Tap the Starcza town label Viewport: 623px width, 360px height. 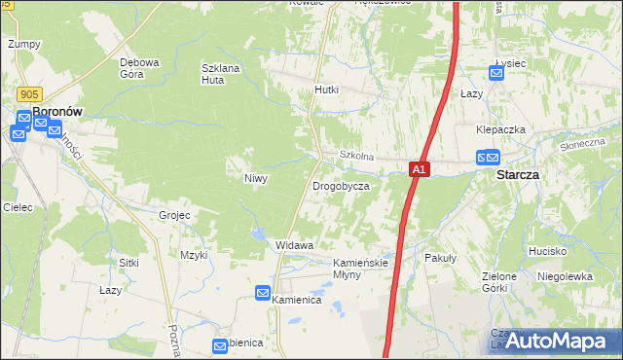click(x=518, y=175)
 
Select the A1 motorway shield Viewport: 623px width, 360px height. click(x=418, y=169)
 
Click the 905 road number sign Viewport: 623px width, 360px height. click(x=28, y=93)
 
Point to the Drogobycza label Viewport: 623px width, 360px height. click(x=340, y=185)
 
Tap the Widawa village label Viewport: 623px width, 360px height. click(x=294, y=245)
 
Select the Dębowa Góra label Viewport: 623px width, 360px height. click(x=139, y=68)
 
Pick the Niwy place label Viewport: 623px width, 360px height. click(x=255, y=178)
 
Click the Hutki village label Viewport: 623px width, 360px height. click(x=326, y=90)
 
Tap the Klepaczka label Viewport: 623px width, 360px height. click(x=501, y=129)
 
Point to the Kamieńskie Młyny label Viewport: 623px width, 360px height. click(x=361, y=269)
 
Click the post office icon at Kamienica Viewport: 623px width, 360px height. click(x=263, y=292)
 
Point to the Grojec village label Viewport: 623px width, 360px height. click(x=173, y=214)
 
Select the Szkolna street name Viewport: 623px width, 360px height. click(x=356, y=156)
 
